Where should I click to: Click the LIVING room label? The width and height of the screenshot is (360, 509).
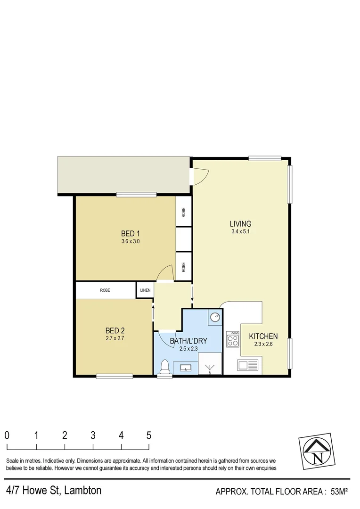[x=240, y=224]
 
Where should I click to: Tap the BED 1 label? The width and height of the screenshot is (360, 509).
[x=131, y=233]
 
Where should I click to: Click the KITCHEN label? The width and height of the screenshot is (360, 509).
[x=263, y=337]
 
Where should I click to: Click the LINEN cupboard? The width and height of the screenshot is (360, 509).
[x=145, y=290]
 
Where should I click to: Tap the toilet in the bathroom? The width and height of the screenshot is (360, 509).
[x=165, y=367]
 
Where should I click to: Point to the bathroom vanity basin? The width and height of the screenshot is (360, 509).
[x=185, y=367]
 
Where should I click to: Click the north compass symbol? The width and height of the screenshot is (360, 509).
[x=319, y=451]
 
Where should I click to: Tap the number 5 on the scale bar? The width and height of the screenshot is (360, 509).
[x=149, y=435]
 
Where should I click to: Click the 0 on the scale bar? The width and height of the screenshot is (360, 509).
[x=7, y=435]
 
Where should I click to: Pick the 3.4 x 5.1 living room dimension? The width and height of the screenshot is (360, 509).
[x=240, y=232]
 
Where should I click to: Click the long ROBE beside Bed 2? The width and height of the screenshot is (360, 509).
[x=105, y=290]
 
